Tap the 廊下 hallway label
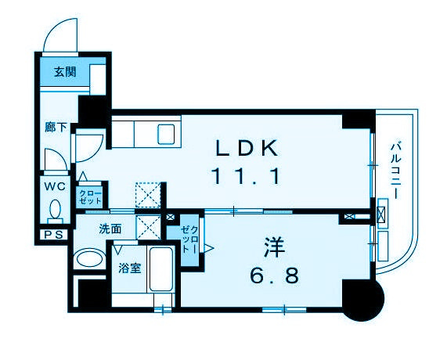(x=56, y=127)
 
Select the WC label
(x=55, y=187)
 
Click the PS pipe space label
(x=53, y=235)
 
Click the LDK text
(x=247, y=148)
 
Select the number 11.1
(x=246, y=176)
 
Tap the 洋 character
(x=275, y=247)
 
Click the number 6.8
(x=275, y=275)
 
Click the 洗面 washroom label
(x=110, y=229)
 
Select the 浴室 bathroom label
(x=130, y=268)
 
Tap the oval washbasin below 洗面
(x=89, y=259)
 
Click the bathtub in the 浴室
(x=161, y=269)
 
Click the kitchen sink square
(x=166, y=135)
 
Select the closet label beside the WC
(x=90, y=197)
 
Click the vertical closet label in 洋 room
(x=189, y=239)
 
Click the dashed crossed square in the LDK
(x=148, y=195)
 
